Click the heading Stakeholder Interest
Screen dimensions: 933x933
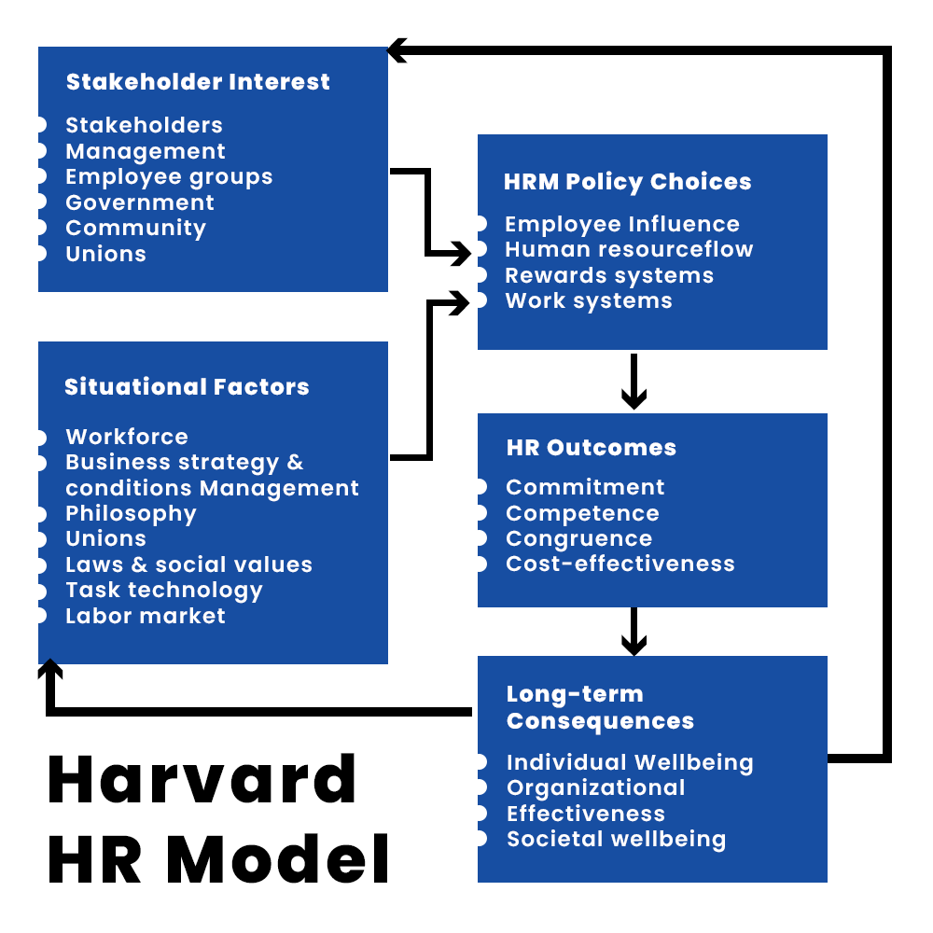198,82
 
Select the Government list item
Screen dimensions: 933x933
140,202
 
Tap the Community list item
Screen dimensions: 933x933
135,229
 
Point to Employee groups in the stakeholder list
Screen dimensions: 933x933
169,177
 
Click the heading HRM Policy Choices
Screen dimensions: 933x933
627,182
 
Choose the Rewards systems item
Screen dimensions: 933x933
609,276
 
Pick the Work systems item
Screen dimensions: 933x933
589,301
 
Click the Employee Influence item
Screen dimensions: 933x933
622,225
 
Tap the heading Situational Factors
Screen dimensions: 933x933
187,387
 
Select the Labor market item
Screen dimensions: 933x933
146,616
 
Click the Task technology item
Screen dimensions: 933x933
164,591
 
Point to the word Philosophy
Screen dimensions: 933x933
131,514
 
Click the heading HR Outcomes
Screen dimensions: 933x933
592,448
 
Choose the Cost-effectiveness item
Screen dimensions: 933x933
620,564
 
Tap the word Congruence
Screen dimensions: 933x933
579,539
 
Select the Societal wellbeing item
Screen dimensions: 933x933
616,839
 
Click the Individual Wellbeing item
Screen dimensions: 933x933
630,762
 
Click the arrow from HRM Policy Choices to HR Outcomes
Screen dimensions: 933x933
634,381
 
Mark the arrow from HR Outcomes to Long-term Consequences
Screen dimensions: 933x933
634,631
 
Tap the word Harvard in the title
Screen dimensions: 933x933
202,779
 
